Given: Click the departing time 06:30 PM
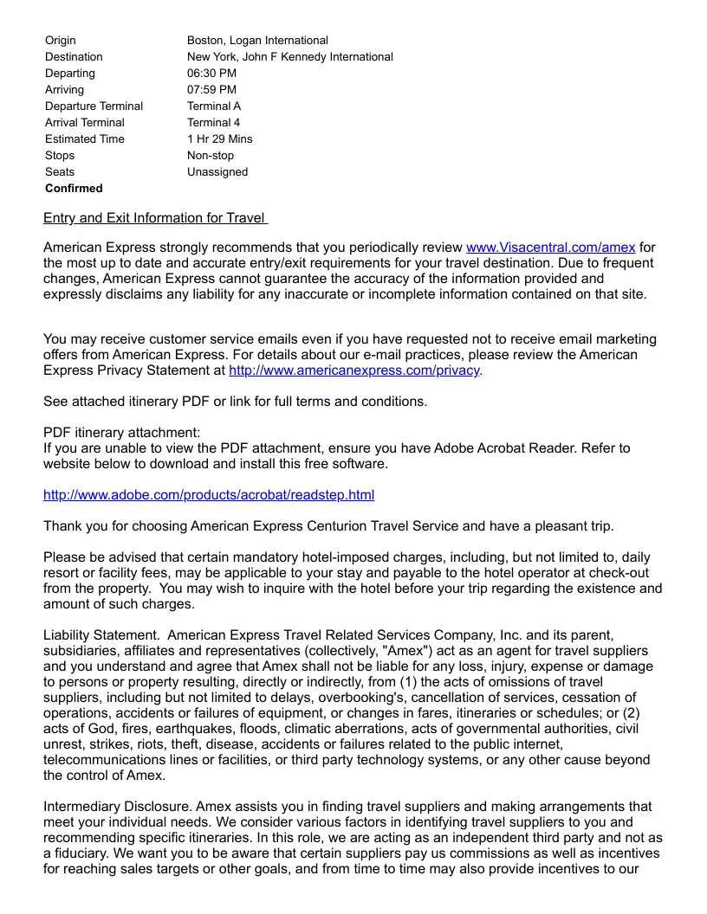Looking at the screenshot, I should (211, 74).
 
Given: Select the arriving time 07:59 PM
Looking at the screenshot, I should (211, 90).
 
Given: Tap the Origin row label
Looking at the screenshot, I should (61, 41).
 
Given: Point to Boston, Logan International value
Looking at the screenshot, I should (257, 41).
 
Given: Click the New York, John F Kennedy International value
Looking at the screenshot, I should (289, 57).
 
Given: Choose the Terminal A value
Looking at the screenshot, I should (214, 106).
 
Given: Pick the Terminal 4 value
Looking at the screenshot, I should (213, 123).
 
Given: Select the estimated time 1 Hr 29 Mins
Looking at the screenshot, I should (220, 139).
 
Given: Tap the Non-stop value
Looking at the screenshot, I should (211, 156).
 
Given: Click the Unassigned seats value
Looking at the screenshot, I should (217, 172).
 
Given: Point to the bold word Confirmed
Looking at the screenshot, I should (74, 189).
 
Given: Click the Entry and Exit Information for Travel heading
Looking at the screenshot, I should (155, 218).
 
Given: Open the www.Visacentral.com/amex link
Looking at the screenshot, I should (550, 248).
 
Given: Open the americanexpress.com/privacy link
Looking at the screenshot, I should (353, 370).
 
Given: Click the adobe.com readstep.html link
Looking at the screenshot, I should (209, 495).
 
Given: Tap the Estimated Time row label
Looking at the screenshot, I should (85, 139).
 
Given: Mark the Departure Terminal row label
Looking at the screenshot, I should (94, 106).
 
